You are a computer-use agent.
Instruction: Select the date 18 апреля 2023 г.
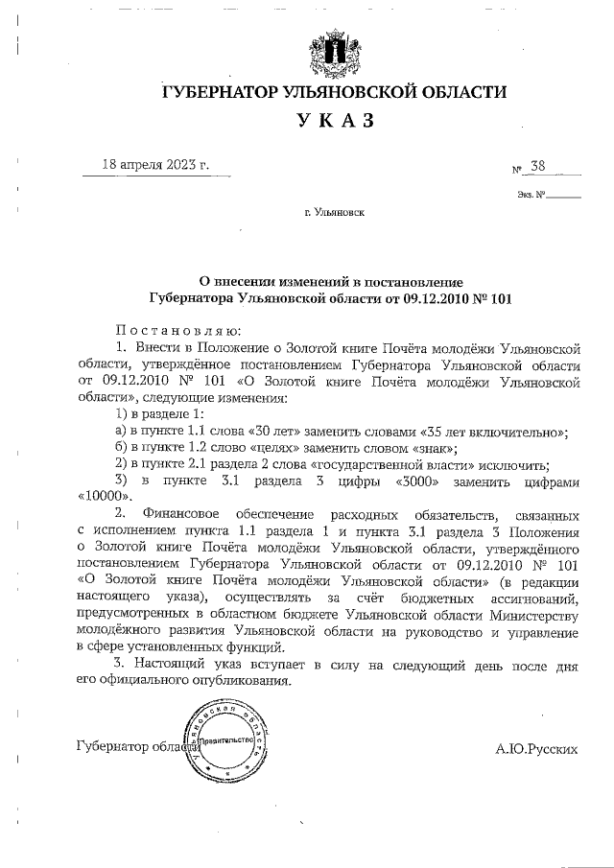point(156,164)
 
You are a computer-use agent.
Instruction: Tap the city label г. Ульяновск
point(333,216)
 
